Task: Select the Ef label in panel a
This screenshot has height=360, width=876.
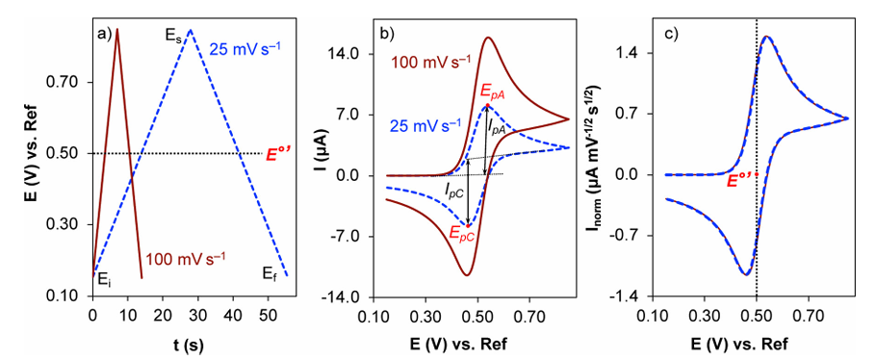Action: point(271,274)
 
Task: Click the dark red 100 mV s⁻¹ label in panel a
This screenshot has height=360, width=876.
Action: point(185,258)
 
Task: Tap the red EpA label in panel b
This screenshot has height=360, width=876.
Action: point(493,91)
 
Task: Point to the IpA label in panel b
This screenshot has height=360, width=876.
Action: point(498,125)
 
